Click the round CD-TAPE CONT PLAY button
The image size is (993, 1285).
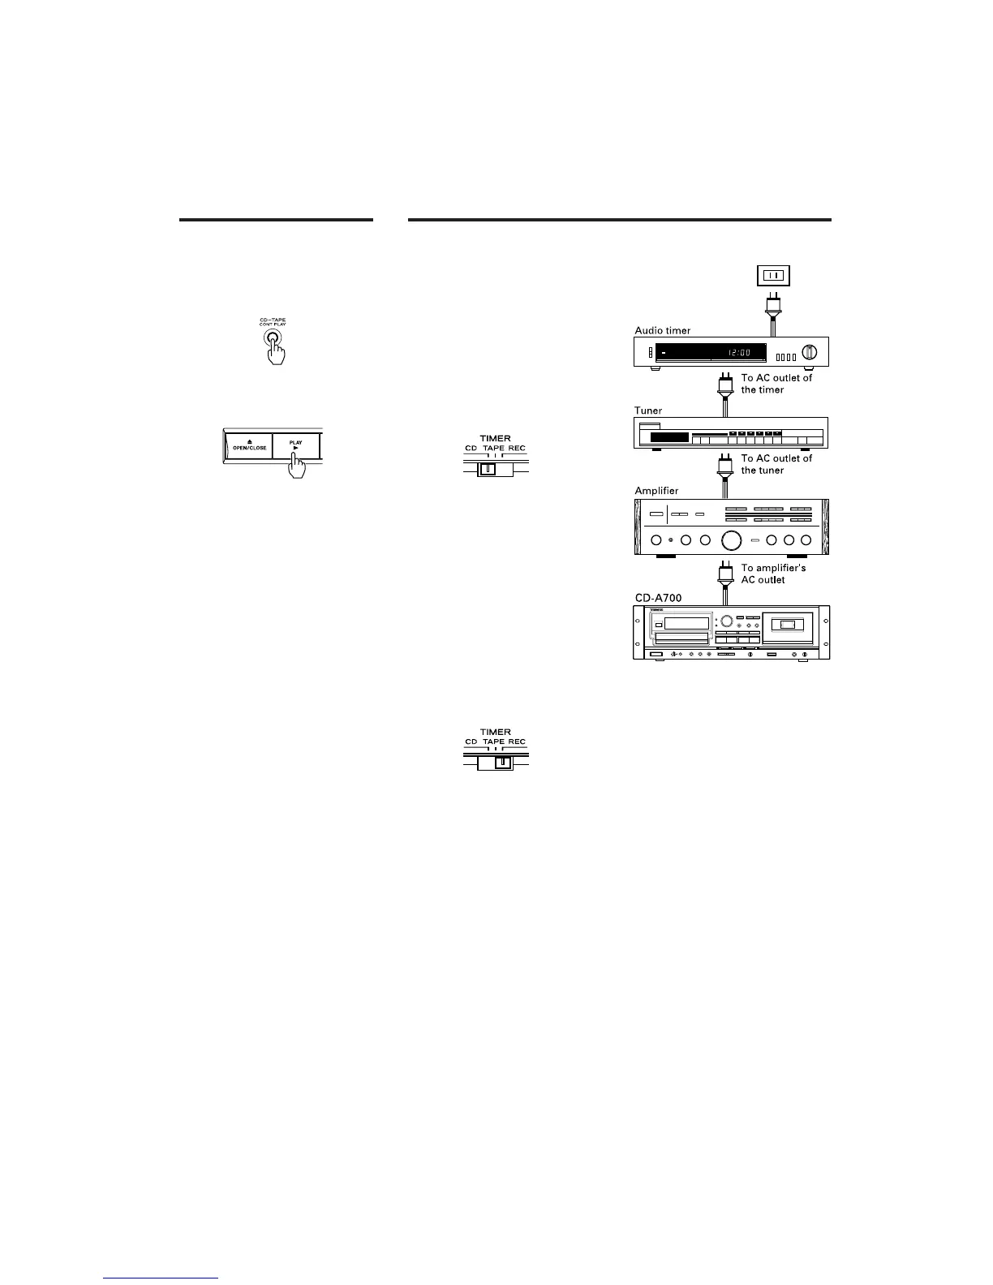273,341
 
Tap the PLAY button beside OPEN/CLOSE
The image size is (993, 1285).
295,447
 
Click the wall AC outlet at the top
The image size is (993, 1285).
772,276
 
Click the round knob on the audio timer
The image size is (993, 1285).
808,353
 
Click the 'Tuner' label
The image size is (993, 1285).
649,411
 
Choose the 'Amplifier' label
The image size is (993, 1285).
656,491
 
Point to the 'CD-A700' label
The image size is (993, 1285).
658,598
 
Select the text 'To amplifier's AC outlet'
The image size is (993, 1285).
773,574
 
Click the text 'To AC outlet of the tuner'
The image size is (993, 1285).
776,464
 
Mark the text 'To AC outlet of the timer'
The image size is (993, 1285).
776,384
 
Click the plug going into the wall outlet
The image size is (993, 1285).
772,306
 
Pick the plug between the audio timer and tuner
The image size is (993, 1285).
721,384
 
